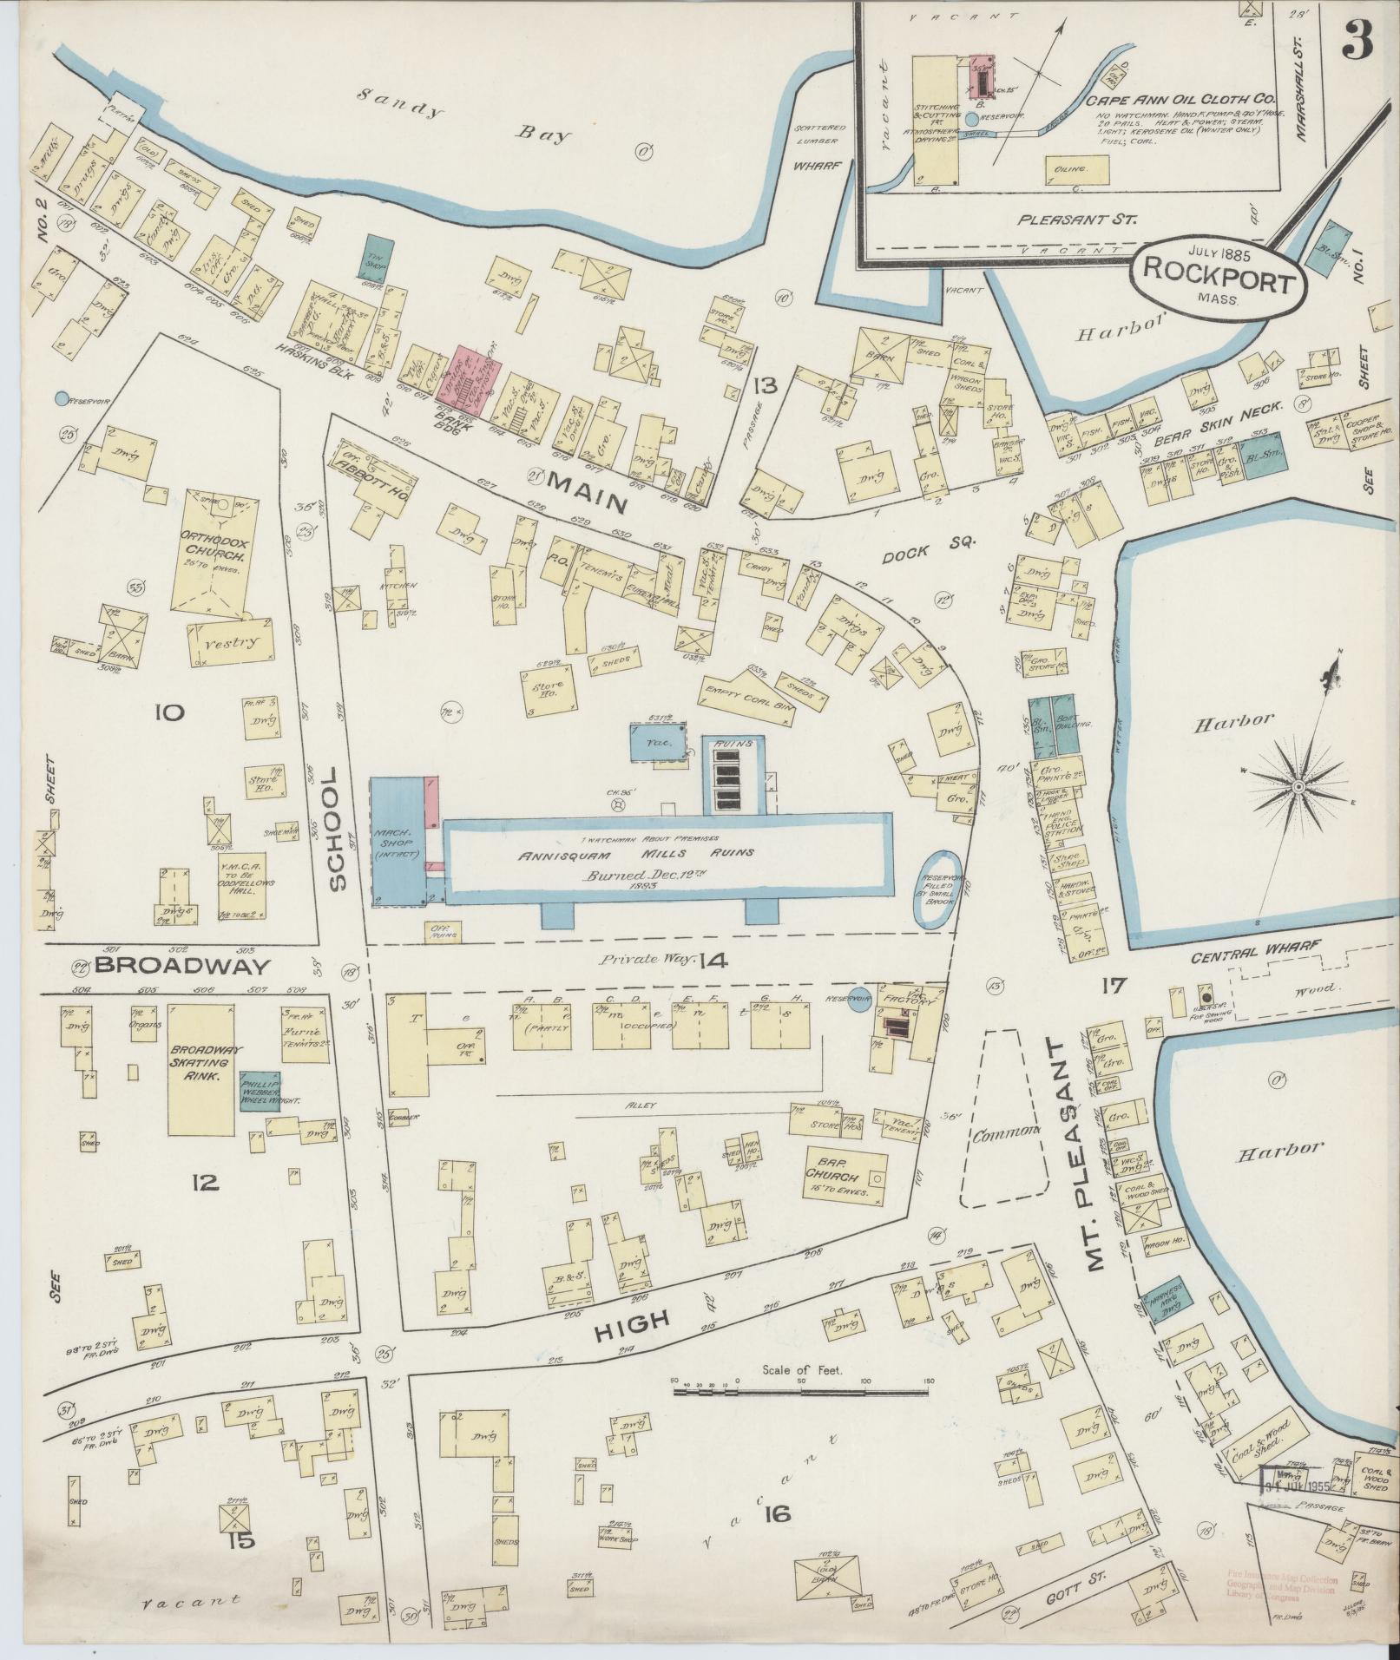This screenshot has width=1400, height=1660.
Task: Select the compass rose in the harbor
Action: point(1298,786)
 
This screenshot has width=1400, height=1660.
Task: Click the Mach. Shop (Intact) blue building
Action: point(397,841)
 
